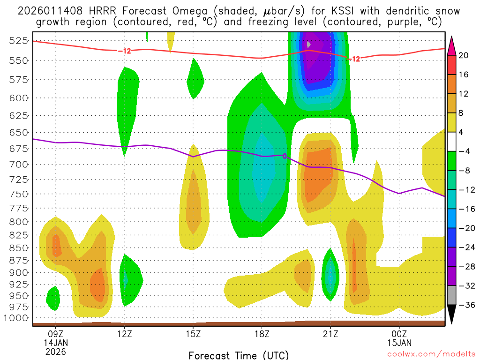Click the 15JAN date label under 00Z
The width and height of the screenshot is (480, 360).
[399, 343]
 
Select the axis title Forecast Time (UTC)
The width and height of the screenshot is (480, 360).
[239, 355]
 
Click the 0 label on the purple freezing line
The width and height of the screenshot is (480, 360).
[285, 156]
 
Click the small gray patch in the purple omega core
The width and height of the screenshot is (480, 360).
[308, 45]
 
